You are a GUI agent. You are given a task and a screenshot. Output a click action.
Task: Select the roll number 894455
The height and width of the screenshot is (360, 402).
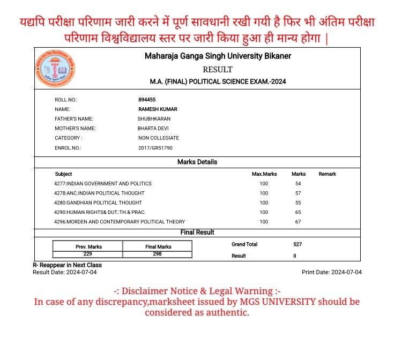click(147, 100)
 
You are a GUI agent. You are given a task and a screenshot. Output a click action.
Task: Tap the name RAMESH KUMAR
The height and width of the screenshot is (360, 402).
click(158, 109)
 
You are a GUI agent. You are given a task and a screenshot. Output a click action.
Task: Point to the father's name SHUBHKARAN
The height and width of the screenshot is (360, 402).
click(154, 119)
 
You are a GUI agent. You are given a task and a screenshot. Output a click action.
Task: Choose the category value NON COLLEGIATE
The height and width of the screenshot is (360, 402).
click(159, 138)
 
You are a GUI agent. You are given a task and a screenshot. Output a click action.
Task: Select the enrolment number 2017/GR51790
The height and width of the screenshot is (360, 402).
click(155, 148)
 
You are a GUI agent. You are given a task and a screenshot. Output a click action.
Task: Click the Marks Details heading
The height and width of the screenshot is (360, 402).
click(197, 162)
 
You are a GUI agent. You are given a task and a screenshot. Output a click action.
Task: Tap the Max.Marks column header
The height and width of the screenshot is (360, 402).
click(264, 174)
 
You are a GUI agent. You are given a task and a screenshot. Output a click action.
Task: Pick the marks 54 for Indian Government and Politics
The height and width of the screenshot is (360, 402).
click(298, 184)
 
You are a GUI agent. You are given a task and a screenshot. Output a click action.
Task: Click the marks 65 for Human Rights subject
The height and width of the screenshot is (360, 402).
click(298, 213)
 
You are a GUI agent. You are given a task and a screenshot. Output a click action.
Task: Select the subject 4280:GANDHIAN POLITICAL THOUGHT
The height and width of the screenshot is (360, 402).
click(98, 203)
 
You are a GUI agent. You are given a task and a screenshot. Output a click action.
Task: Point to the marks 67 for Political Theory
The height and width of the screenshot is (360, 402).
click(298, 222)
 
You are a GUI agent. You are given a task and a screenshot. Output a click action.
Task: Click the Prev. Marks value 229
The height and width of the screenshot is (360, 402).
click(88, 254)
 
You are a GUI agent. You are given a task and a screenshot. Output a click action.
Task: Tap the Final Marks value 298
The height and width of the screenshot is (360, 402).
click(158, 254)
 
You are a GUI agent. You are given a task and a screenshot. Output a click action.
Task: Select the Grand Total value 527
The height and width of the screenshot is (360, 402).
click(297, 244)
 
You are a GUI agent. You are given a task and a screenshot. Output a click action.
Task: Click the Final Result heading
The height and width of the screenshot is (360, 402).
click(197, 232)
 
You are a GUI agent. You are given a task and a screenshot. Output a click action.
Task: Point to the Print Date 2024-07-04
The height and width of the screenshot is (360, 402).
click(332, 272)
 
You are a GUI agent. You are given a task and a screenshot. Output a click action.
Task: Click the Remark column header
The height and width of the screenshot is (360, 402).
click(327, 174)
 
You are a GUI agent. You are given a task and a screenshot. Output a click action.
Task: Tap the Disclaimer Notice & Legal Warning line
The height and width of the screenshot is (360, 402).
click(197, 291)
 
